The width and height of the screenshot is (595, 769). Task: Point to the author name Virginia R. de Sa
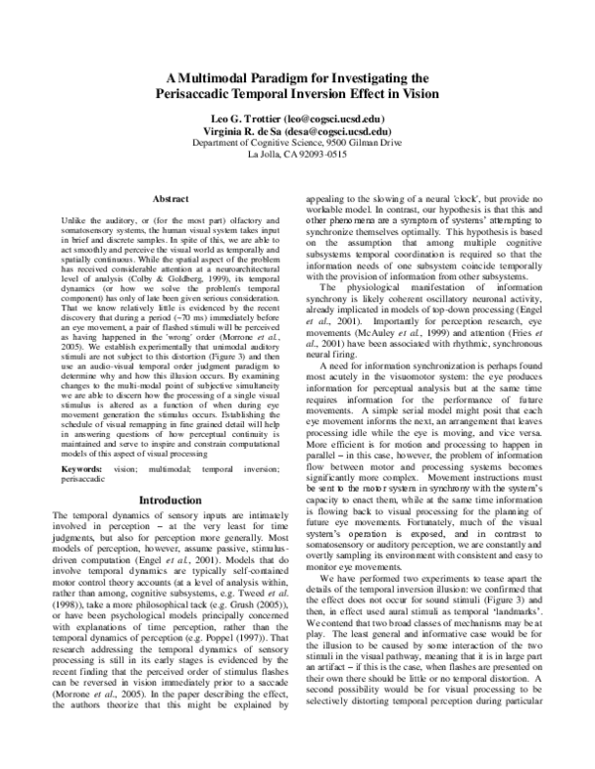pyautogui.click(x=245, y=130)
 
